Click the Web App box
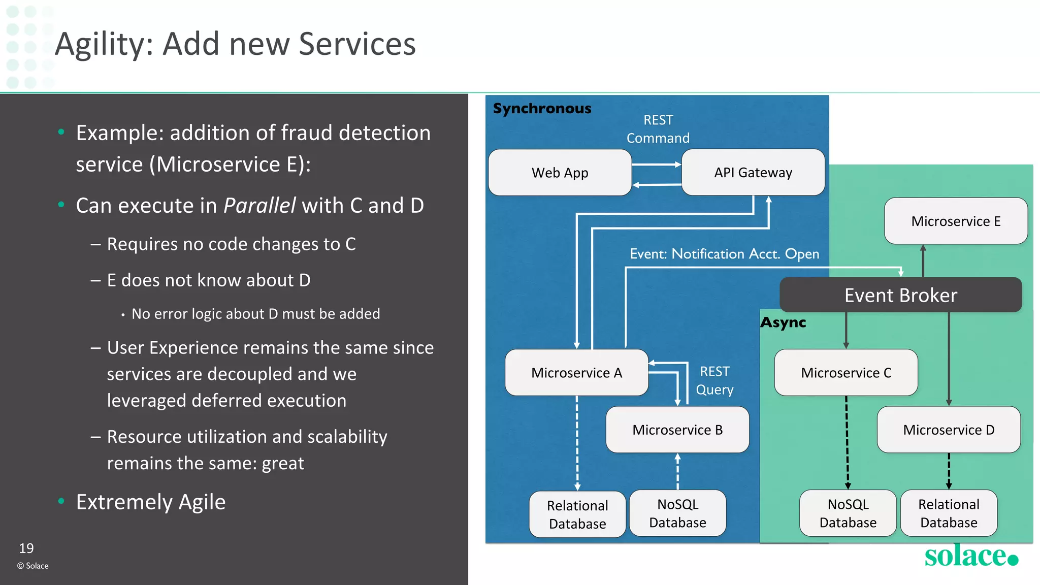[x=560, y=173]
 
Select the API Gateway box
[x=753, y=173]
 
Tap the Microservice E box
[x=955, y=221]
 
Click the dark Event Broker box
[x=900, y=295]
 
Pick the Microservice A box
[x=576, y=373]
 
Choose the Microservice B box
[x=677, y=430]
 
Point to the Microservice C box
[x=846, y=373]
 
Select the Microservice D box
[x=948, y=430]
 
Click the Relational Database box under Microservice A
[x=577, y=514]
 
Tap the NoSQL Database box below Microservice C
[x=848, y=513]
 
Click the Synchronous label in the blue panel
[x=542, y=109]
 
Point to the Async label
[x=783, y=323]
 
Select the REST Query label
[x=714, y=380]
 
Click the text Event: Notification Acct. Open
[x=724, y=254]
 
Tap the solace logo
[x=970, y=556]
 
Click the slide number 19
[x=26, y=548]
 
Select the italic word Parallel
[x=259, y=206]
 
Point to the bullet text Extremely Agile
[x=150, y=502]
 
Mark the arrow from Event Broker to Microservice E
[x=923, y=261]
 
